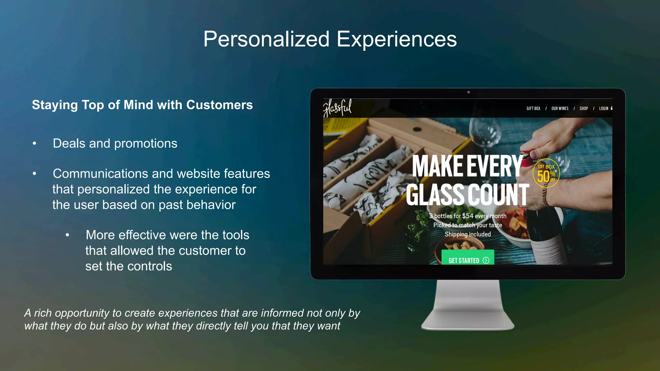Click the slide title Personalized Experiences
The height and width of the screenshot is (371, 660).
tap(330, 39)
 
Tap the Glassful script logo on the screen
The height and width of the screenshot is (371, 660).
tap(337, 108)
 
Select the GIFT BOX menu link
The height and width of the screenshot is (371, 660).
tap(533, 109)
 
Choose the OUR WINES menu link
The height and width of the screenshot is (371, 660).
tap(560, 109)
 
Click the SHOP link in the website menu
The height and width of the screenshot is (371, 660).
tap(584, 109)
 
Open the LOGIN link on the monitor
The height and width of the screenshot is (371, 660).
tap(604, 109)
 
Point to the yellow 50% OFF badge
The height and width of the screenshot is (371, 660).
tap(546, 173)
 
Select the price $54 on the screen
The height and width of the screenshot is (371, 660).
tap(468, 216)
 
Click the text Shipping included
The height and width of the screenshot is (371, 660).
tap(468, 234)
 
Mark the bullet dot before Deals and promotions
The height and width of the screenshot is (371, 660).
tap(34, 144)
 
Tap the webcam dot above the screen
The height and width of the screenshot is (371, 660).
tap(468, 92)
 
